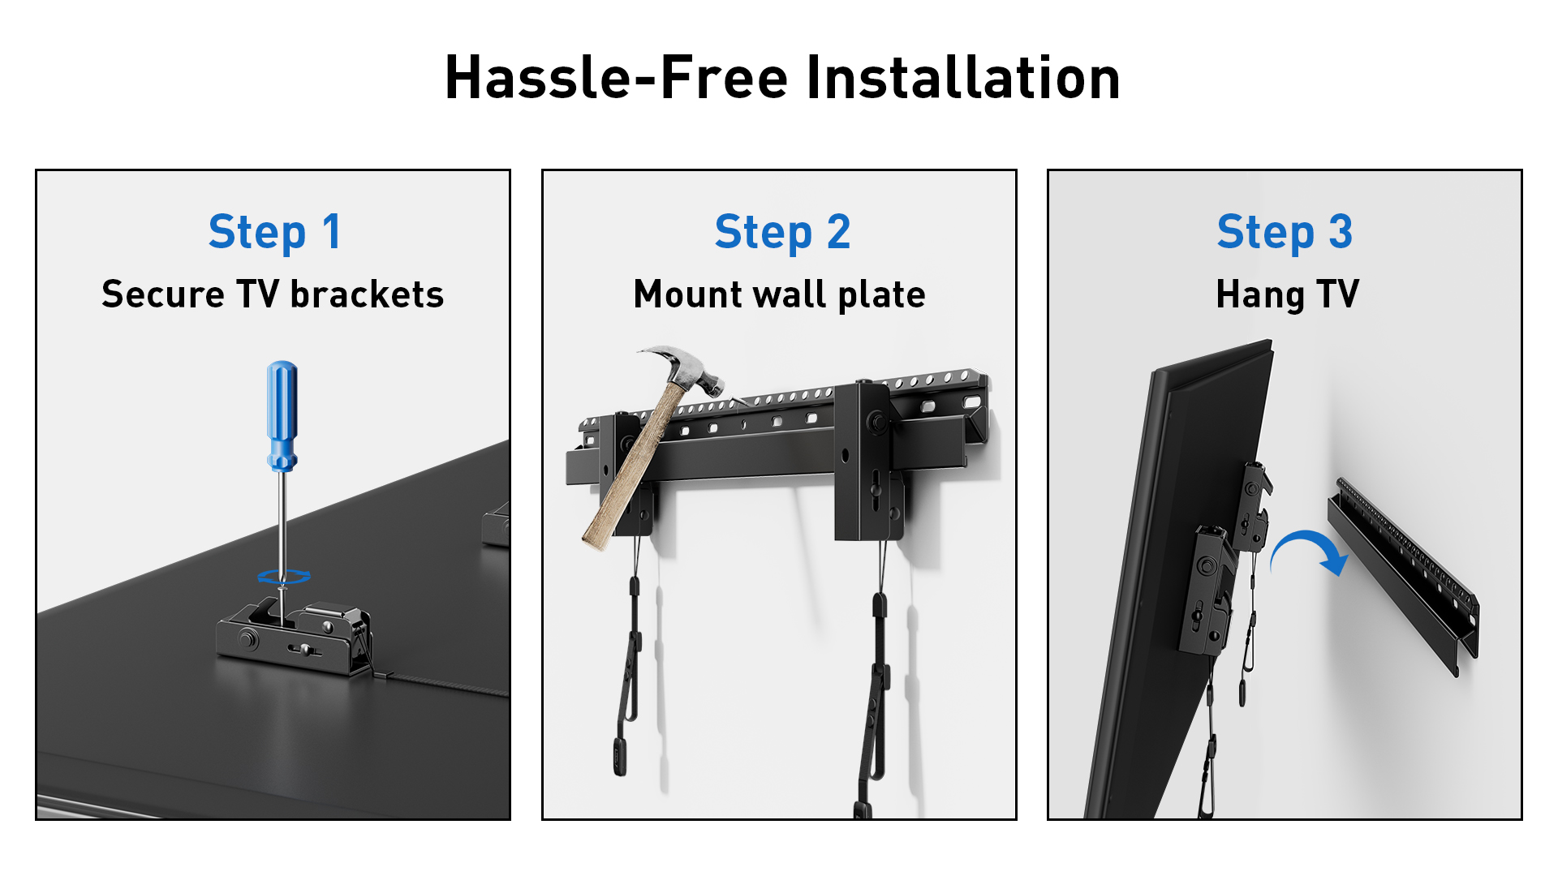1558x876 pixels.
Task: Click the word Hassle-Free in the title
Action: click(616, 78)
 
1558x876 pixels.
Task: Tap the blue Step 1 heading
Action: click(275, 233)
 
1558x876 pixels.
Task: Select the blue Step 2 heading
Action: click(782, 233)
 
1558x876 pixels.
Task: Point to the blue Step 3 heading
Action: click(1285, 233)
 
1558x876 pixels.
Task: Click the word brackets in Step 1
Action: click(367, 294)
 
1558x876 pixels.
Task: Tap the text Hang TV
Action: click(1287, 294)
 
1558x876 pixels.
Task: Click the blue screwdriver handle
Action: click(282, 416)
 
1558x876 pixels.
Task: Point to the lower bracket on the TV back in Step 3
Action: click(1207, 590)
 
